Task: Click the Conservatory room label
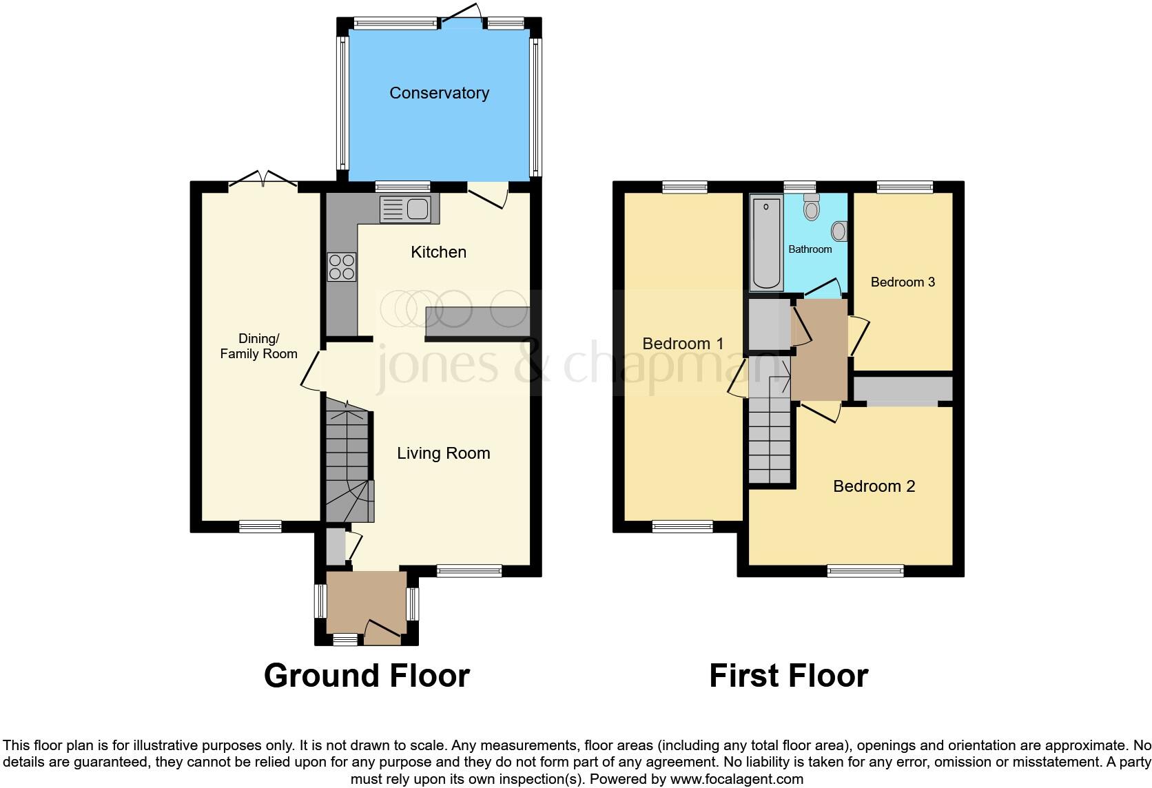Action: [x=439, y=93]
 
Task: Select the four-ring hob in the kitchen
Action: [x=342, y=267]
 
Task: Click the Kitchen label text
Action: [x=438, y=252]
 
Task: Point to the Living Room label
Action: [x=443, y=453]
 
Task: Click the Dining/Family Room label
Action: [x=258, y=346]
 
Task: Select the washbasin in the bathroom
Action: [x=839, y=230]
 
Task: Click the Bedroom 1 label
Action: [x=683, y=343]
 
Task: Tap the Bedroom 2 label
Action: [x=874, y=486]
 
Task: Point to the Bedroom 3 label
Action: [x=903, y=282]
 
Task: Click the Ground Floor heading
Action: [x=367, y=676]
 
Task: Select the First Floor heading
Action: [x=788, y=676]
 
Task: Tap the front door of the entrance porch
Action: [x=382, y=631]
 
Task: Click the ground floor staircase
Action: [x=347, y=462]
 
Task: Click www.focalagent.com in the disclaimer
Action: [x=736, y=780]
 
